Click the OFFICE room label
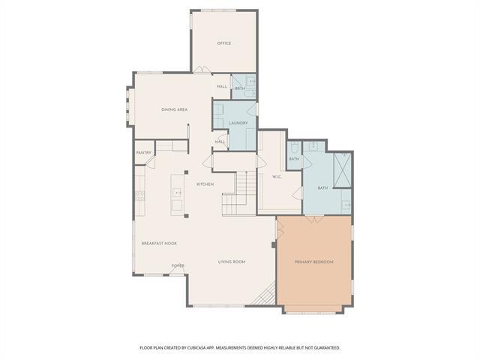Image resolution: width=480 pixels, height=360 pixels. pyautogui.click(x=223, y=43)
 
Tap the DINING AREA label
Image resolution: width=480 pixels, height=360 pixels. pyautogui.click(x=174, y=109)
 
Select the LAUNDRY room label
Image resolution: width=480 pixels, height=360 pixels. pyautogui.click(x=238, y=122)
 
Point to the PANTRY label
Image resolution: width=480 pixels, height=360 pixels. pyautogui.click(x=144, y=153)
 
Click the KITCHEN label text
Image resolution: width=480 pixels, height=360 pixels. pyautogui.click(x=205, y=184)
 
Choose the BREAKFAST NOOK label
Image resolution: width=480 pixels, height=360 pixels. pyautogui.click(x=159, y=243)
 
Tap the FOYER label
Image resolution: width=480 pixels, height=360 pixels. pyautogui.click(x=178, y=265)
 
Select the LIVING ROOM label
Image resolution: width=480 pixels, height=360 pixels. pyautogui.click(x=232, y=262)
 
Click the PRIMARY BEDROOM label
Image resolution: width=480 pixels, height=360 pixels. pyautogui.click(x=313, y=262)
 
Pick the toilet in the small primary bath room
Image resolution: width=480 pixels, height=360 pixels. pyautogui.click(x=294, y=147)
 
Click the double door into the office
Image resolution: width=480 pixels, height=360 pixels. pyautogui.click(x=202, y=70)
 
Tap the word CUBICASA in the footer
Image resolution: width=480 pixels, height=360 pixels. pyautogui.click(x=215, y=348)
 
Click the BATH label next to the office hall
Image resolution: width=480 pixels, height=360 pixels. pyautogui.click(x=239, y=89)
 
